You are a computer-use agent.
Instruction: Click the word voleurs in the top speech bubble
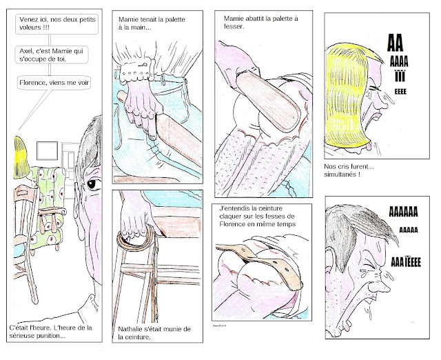[x=30, y=28]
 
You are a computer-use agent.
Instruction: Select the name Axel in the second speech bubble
[x=25, y=51]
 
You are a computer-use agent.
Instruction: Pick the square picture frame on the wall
[x=47, y=151]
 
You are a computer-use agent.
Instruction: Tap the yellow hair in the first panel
[x=21, y=158]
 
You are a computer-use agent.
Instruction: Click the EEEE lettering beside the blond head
[x=400, y=92]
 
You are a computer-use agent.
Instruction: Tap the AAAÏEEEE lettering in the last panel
[x=406, y=262]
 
